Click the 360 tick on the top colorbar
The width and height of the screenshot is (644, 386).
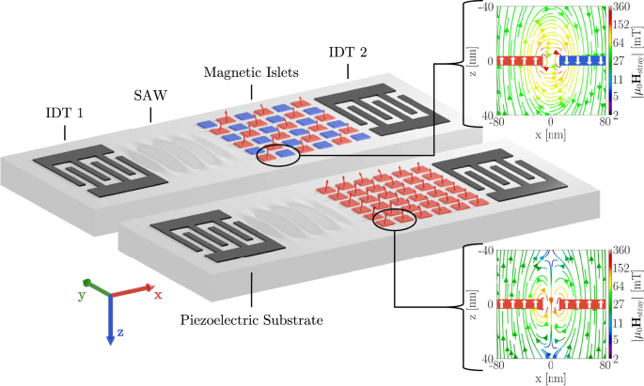click(x=620, y=7)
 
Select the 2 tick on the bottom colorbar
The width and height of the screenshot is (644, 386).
click(x=616, y=359)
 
